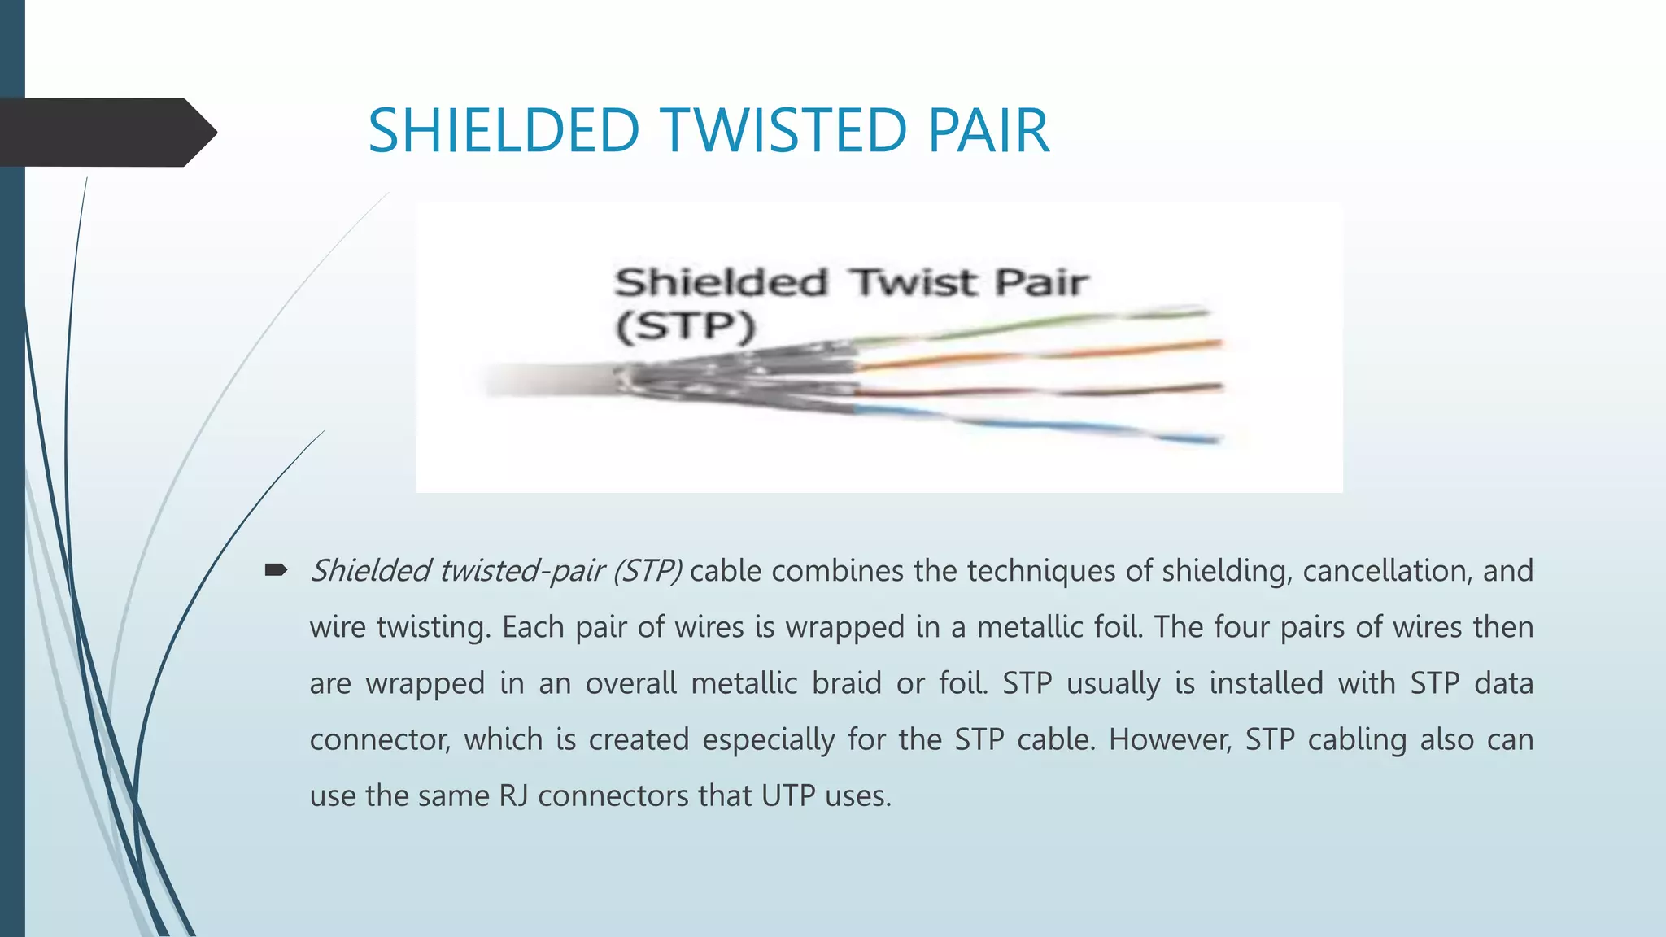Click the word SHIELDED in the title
(x=504, y=131)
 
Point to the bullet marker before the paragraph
(x=276, y=570)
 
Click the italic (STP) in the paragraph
(x=648, y=571)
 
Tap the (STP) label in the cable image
(x=685, y=326)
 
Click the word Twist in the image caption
(x=914, y=283)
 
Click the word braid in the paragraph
(x=846, y=683)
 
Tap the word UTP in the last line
(x=787, y=795)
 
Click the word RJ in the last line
(x=513, y=795)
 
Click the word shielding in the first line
(x=1227, y=571)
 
